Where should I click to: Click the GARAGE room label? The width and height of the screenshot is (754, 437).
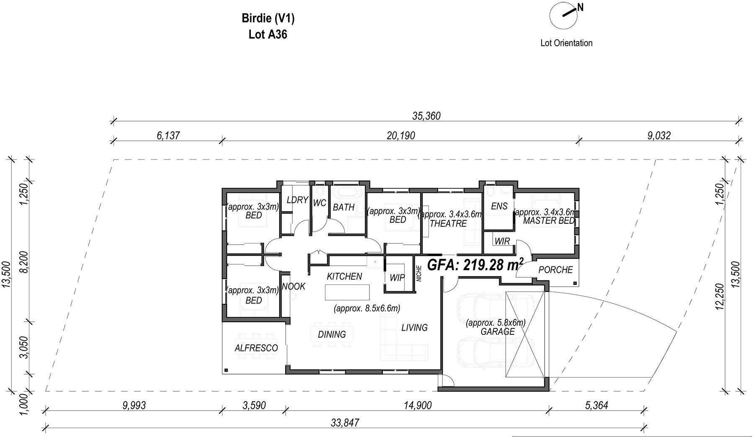(498, 332)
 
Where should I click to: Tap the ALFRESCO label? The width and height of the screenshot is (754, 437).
(256, 348)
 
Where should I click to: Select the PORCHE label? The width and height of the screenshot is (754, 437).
(555, 270)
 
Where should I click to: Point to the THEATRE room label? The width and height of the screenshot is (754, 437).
(448, 224)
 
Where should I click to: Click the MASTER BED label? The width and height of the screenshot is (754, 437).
(549, 221)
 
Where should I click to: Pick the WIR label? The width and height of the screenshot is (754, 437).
(502, 241)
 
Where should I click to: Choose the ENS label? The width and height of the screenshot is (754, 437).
(499, 206)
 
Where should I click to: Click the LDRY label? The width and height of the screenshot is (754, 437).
(297, 200)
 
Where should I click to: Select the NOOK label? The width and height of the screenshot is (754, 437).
(294, 287)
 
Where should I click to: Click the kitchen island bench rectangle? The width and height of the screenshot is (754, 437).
(348, 292)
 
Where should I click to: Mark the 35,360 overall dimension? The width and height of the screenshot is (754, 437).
(426, 116)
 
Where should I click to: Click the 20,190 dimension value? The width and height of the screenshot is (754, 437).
(401, 135)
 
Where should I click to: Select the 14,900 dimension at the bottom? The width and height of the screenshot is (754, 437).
(417, 406)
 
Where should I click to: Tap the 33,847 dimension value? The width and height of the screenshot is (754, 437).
(345, 423)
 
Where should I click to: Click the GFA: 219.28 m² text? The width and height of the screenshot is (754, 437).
(475, 265)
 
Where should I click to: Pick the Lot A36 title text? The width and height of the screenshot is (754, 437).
(268, 34)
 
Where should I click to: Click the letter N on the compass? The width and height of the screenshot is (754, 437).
(580, 7)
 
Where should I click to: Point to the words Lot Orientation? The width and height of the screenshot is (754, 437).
(566, 43)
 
